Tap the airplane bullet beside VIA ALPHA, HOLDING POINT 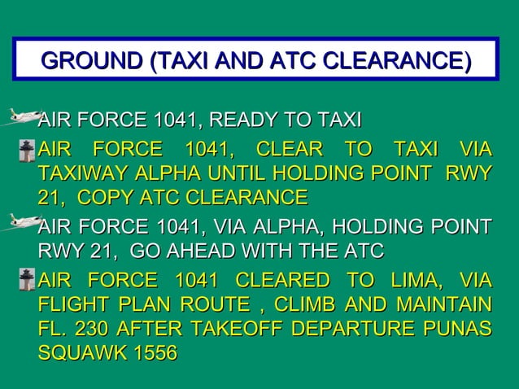(x=23, y=221)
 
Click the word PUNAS (x=459, y=331)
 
